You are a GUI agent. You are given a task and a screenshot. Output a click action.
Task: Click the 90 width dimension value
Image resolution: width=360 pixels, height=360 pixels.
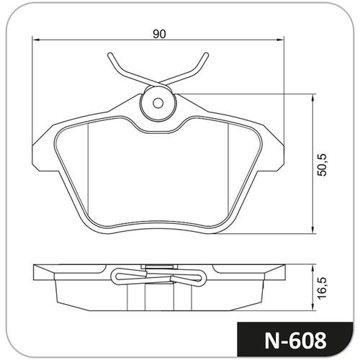coord(159,34)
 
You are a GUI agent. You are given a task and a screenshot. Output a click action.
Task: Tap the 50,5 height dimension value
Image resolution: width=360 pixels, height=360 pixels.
coord(322,165)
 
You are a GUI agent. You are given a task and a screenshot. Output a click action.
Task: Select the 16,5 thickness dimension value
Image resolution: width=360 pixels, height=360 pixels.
coord(322,288)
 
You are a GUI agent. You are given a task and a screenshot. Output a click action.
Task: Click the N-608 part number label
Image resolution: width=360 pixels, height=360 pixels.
coord(295,341)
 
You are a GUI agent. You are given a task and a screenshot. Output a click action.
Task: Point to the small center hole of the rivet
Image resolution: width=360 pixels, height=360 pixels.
coord(158,103)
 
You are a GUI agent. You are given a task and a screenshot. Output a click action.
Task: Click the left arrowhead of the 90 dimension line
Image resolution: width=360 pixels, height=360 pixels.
coord(35,40)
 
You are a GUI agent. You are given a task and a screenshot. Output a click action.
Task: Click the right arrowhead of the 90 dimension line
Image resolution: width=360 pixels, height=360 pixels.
coord(280,40)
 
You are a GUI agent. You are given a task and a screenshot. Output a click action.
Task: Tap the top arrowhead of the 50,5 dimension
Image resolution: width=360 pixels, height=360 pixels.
coord(312,98)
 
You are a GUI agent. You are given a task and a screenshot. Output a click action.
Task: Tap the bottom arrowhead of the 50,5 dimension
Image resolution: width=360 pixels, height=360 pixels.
coord(312,230)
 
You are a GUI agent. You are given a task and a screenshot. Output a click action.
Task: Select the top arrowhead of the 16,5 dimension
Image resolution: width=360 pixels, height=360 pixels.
coord(312,269)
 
